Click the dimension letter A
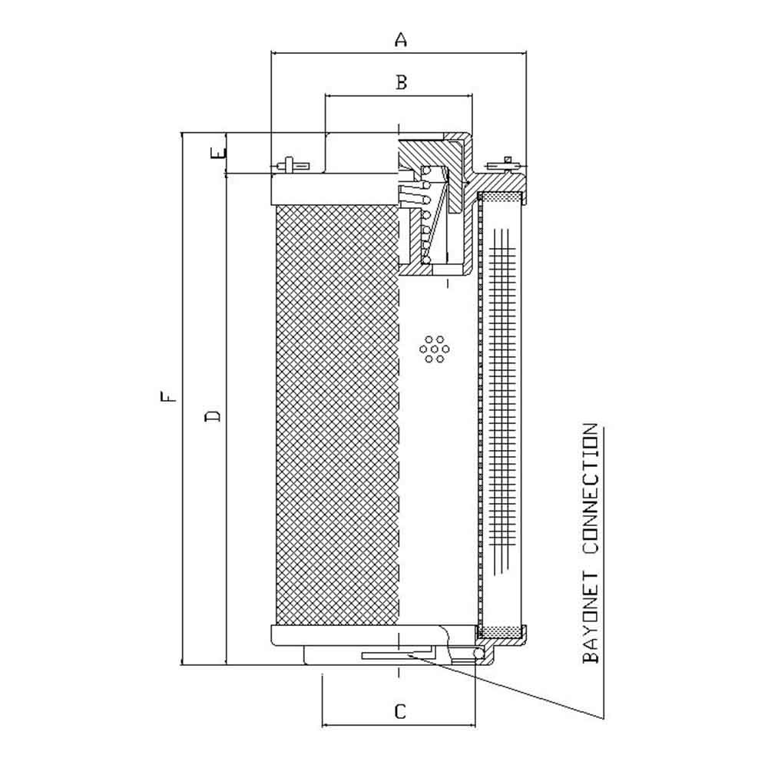click(x=401, y=39)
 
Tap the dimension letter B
click(x=401, y=82)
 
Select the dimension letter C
click(x=400, y=711)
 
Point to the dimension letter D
click(x=213, y=416)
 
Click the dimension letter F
click(x=167, y=396)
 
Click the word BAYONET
click(x=591, y=617)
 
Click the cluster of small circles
click(x=435, y=349)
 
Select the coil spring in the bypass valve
click(x=426, y=216)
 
